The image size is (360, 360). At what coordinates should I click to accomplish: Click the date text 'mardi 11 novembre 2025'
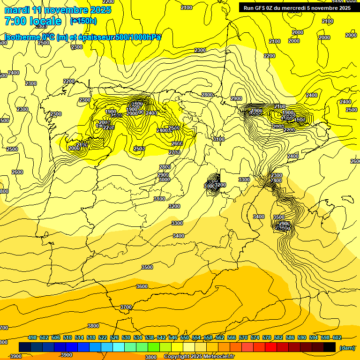(58, 10)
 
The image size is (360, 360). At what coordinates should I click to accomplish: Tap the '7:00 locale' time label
(33, 21)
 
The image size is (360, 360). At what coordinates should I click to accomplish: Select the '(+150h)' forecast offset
(83, 21)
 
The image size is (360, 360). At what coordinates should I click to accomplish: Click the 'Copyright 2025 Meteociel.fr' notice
(199, 357)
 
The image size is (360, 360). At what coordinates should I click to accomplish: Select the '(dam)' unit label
(347, 347)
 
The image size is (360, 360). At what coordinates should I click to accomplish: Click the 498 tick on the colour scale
(32, 338)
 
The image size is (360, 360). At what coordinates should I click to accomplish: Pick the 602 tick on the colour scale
(337, 338)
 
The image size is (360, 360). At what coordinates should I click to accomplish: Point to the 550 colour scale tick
(185, 338)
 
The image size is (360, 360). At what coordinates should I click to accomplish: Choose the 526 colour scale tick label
(114, 338)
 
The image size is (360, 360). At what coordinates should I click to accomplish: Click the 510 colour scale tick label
(67, 338)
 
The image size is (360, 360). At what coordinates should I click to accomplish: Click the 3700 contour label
(126, 307)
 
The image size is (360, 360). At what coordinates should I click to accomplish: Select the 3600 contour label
(142, 286)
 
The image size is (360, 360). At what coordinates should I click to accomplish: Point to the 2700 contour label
(174, 152)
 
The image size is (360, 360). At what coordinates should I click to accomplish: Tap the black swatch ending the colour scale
(330, 347)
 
